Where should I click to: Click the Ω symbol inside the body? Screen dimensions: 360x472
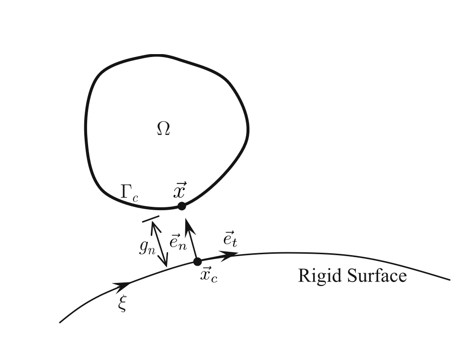[163, 129]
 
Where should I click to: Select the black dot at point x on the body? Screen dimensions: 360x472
[181, 206]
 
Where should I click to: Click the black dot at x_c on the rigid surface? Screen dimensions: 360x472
[197, 262]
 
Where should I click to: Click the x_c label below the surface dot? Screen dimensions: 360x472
[208, 276]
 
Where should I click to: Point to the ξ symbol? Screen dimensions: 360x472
[123, 304]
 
